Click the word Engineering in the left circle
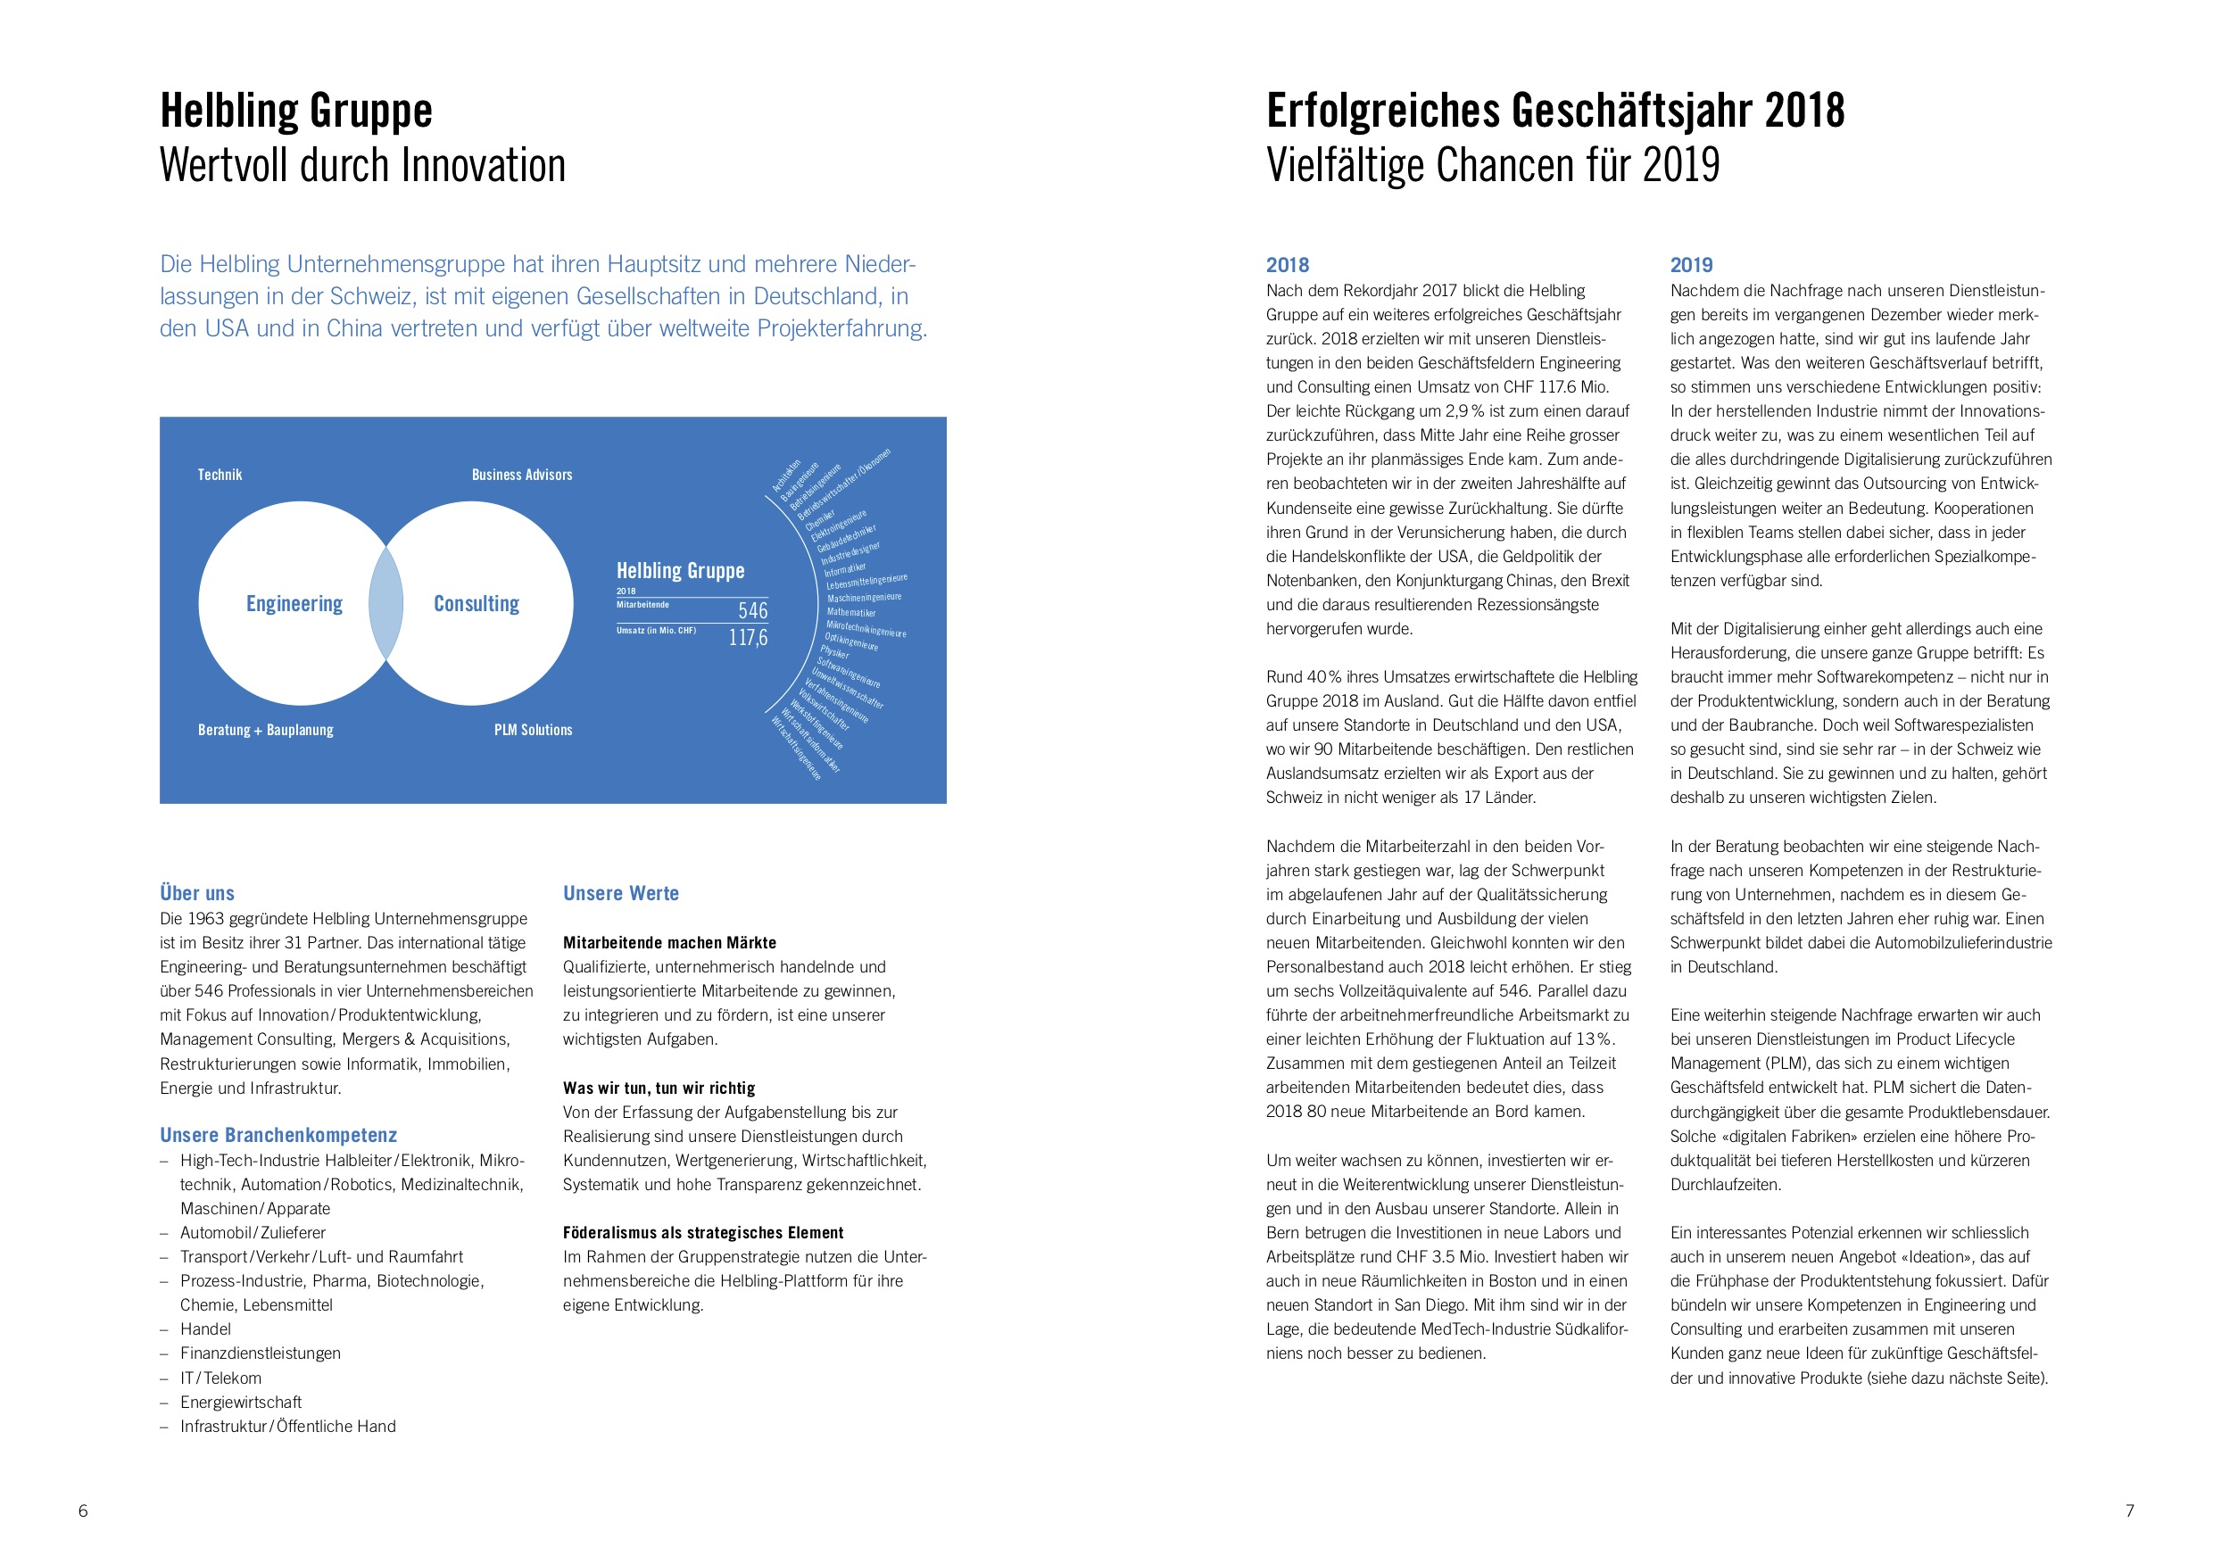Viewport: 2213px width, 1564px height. coord(294,603)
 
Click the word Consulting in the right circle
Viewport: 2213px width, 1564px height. coord(477,603)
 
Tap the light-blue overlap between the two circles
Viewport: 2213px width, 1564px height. coord(386,603)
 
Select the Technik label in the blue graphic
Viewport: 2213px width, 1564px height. coord(220,474)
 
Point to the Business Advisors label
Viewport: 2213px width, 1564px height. coord(521,474)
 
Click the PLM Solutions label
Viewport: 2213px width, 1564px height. coord(533,730)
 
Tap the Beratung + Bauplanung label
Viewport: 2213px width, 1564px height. coord(265,730)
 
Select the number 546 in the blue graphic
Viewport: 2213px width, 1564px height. coord(753,610)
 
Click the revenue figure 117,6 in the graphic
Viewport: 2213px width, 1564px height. coord(748,637)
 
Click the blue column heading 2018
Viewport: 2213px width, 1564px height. coord(1288,265)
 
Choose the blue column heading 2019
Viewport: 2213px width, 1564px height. coord(1692,265)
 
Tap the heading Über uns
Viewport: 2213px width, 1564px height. coord(197,893)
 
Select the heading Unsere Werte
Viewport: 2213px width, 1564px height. coord(621,893)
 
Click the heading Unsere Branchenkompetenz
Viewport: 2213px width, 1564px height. coord(278,1135)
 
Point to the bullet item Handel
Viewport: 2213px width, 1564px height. coord(205,1328)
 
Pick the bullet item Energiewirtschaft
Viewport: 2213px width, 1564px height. coord(241,1403)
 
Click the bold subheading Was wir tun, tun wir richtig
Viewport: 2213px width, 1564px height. coord(659,1088)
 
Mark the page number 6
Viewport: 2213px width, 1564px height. coord(83,1511)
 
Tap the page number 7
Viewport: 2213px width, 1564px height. coord(2129,1511)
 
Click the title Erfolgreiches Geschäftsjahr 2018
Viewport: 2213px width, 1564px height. coord(1554,111)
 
